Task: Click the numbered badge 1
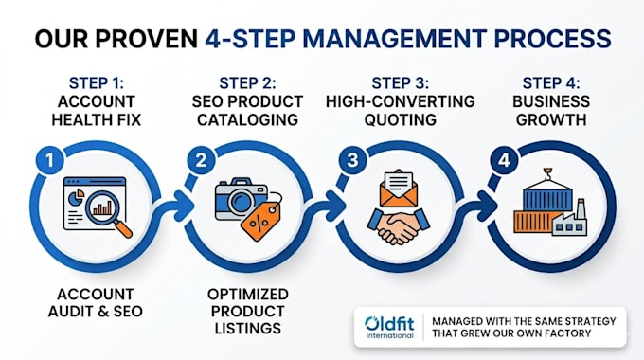tap(49, 160)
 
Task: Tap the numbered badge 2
tap(201, 160)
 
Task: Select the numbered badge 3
tap(352, 160)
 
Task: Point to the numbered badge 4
tap(504, 160)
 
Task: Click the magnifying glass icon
tap(108, 214)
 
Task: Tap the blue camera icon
tap(241, 199)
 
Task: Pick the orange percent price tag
tap(260, 221)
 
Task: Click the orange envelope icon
tap(399, 189)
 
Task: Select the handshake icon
tap(398, 226)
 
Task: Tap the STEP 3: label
tap(400, 83)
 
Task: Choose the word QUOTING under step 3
tap(400, 119)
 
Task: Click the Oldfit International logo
tap(390, 327)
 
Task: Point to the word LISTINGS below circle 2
tap(248, 328)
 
